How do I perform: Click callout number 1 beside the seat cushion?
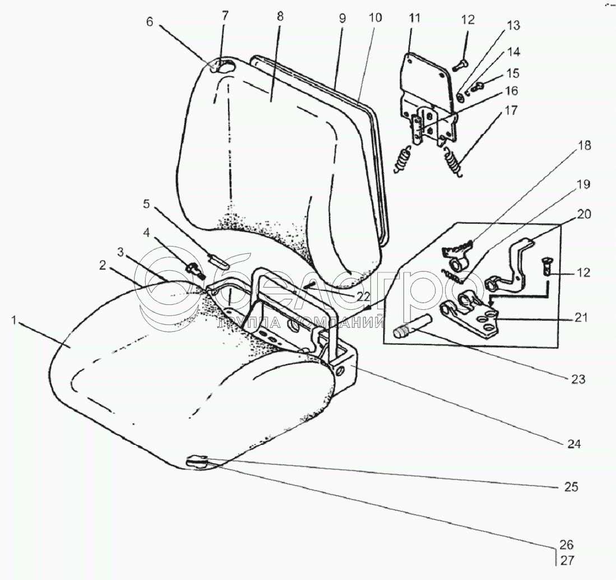[16, 321]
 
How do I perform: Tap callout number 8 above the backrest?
[280, 17]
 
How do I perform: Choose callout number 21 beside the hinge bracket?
[581, 318]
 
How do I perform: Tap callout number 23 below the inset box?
[578, 379]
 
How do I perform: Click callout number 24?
[574, 444]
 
